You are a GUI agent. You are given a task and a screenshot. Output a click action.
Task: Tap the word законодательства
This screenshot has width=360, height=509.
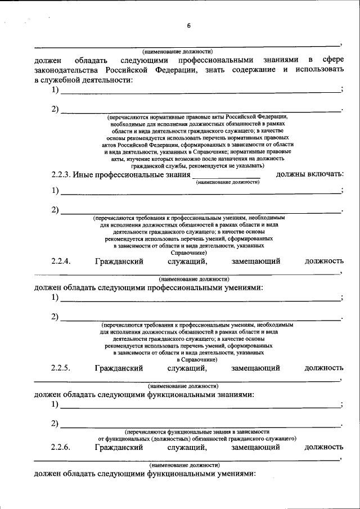[x=66, y=70]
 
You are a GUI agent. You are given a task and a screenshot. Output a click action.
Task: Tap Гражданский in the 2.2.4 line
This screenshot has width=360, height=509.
[x=119, y=261]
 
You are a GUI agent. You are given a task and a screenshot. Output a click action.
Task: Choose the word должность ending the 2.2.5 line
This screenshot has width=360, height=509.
[x=324, y=368]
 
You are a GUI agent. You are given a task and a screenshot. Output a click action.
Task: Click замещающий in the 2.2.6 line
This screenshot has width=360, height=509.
[x=255, y=447]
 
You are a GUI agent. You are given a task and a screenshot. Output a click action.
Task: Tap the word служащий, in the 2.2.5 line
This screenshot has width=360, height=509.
[x=187, y=368]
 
